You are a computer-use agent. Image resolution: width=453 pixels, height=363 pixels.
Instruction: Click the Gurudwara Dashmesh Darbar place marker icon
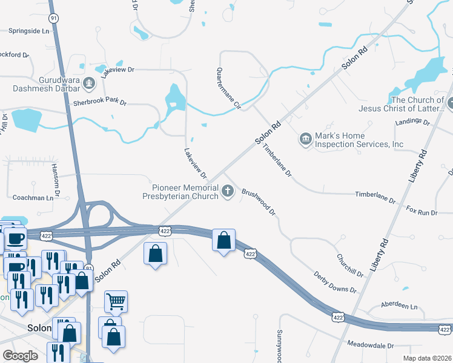89,82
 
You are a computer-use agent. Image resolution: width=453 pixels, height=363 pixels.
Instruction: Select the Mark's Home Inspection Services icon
305,140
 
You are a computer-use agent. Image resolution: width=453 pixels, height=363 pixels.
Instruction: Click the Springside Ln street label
29,30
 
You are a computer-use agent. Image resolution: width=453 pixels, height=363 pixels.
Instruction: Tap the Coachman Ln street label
33,198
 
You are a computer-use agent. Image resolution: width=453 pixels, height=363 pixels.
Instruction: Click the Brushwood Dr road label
259,202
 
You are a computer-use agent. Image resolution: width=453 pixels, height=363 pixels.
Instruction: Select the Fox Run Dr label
422,212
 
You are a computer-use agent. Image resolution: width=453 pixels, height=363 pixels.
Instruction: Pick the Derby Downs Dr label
335,282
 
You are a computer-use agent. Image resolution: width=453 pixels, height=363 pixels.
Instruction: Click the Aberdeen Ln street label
398,306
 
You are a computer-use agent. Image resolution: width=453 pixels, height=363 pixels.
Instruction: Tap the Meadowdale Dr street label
371,345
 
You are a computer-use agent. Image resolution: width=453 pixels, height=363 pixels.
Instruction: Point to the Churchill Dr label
350,265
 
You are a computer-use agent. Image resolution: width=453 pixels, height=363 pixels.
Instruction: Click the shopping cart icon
116,300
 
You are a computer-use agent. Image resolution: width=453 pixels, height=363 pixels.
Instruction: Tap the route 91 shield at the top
54,18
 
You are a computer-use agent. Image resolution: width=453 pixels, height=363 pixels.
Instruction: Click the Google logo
21,356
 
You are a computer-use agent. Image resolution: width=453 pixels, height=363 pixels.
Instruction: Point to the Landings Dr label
412,122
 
